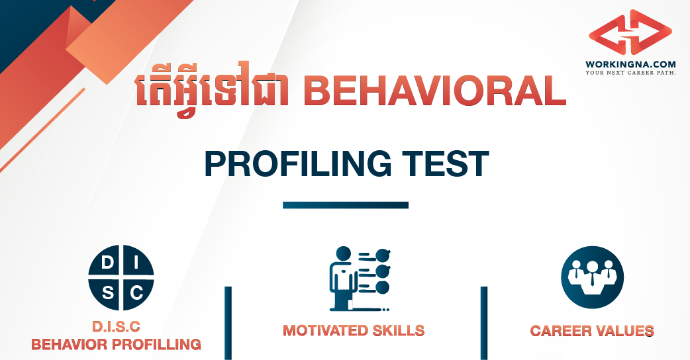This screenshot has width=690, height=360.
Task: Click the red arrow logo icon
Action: (x=630, y=34)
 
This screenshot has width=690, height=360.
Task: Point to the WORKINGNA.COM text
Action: (x=630, y=64)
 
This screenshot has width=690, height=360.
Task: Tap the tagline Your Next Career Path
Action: (x=630, y=72)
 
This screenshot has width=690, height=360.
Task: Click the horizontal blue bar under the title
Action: (x=345, y=205)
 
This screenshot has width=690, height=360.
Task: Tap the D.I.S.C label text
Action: (x=117, y=327)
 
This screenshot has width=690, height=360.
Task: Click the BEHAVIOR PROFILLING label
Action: (x=117, y=344)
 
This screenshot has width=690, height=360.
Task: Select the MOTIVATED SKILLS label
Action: (x=354, y=330)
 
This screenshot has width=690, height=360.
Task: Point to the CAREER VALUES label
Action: (x=592, y=330)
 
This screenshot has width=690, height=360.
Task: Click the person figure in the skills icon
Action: (x=342, y=278)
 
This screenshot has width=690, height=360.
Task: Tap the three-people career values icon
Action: (x=592, y=277)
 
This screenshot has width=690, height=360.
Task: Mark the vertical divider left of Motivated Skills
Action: (x=228, y=323)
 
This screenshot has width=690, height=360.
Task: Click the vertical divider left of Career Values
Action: (x=483, y=323)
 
